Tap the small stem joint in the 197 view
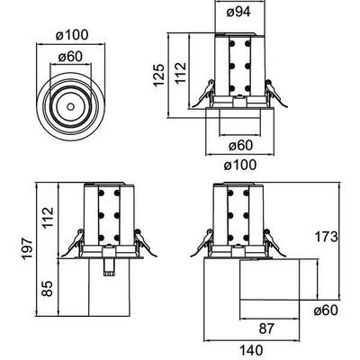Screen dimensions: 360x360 [x=109, y=265]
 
